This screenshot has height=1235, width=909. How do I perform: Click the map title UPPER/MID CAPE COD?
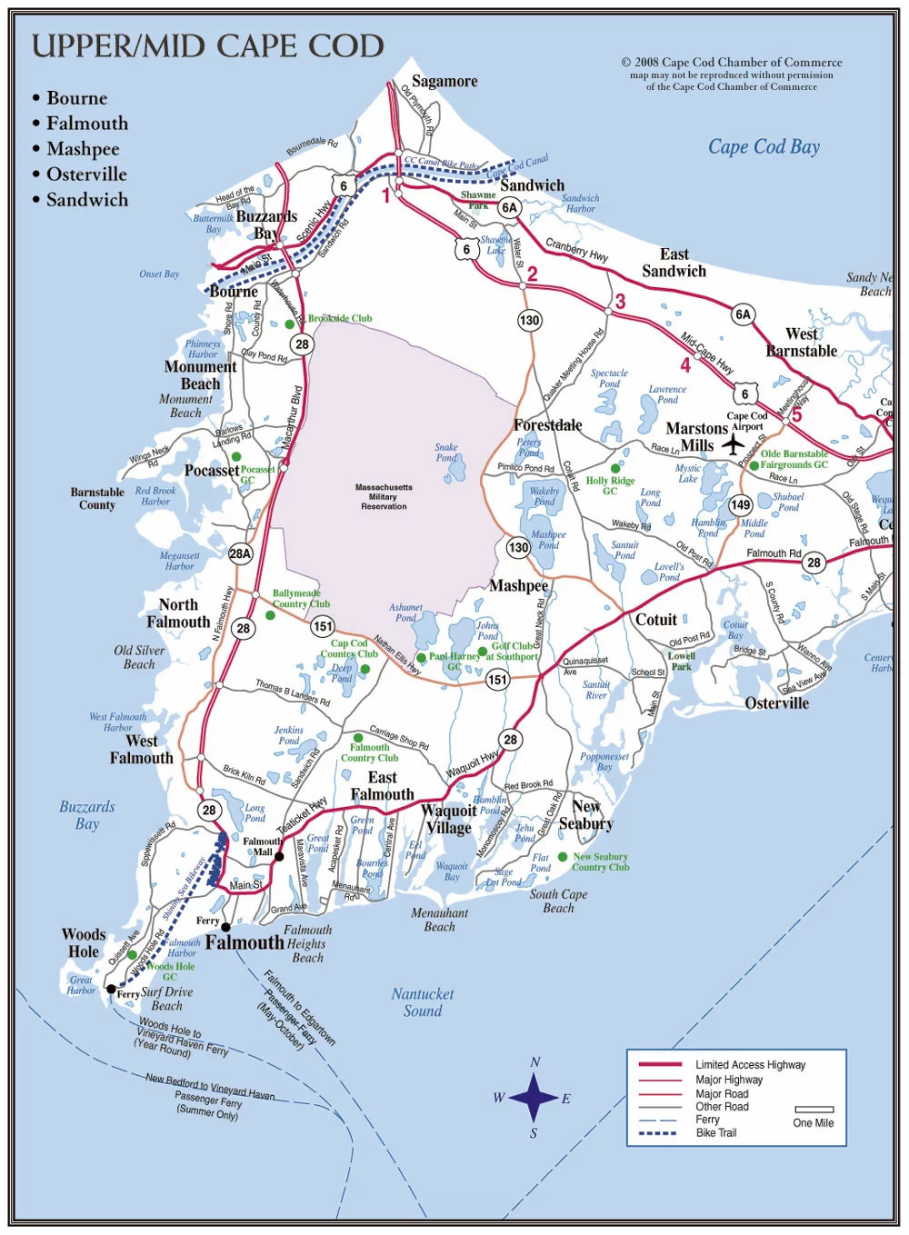pyautogui.click(x=208, y=46)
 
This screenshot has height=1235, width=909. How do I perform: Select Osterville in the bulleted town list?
pyautogui.click(x=86, y=174)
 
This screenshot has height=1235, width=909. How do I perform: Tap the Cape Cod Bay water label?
pyautogui.click(x=764, y=147)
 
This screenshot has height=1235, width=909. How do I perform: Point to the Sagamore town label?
pyautogui.click(x=445, y=81)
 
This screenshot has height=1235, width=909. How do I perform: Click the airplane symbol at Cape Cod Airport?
pyautogui.click(x=733, y=444)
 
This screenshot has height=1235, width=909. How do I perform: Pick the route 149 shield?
pyautogui.click(x=741, y=504)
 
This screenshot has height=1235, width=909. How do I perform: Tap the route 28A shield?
pyautogui.click(x=240, y=553)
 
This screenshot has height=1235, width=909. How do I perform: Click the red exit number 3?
pyautogui.click(x=620, y=302)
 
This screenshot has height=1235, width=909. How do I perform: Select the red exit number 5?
pyautogui.click(x=796, y=415)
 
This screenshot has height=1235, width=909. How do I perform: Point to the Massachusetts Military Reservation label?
pyautogui.click(x=384, y=496)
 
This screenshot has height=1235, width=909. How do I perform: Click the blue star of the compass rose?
pyautogui.click(x=534, y=1097)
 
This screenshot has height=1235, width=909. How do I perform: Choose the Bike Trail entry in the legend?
pyautogui.click(x=716, y=1133)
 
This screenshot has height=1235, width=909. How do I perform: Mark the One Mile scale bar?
pyautogui.click(x=814, y=1110)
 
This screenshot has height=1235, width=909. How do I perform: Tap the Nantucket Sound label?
pyautogui.click(x=423, y=1002)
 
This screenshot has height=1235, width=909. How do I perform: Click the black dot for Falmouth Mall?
pyautogui.click(x=279, y=856)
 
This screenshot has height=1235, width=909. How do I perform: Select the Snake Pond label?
pyautogui.click(x=446, y=453)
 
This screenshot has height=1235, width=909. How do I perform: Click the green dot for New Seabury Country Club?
pyautogui.click(x=563, y=857)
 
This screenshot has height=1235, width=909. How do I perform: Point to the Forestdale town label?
pyautogui.click(x=547, y=425)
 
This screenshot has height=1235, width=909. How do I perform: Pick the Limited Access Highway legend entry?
pyautogui.click(x=750, y=1065)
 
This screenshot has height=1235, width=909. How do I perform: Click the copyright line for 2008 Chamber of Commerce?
pyautogui.click(x=732, y=63)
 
